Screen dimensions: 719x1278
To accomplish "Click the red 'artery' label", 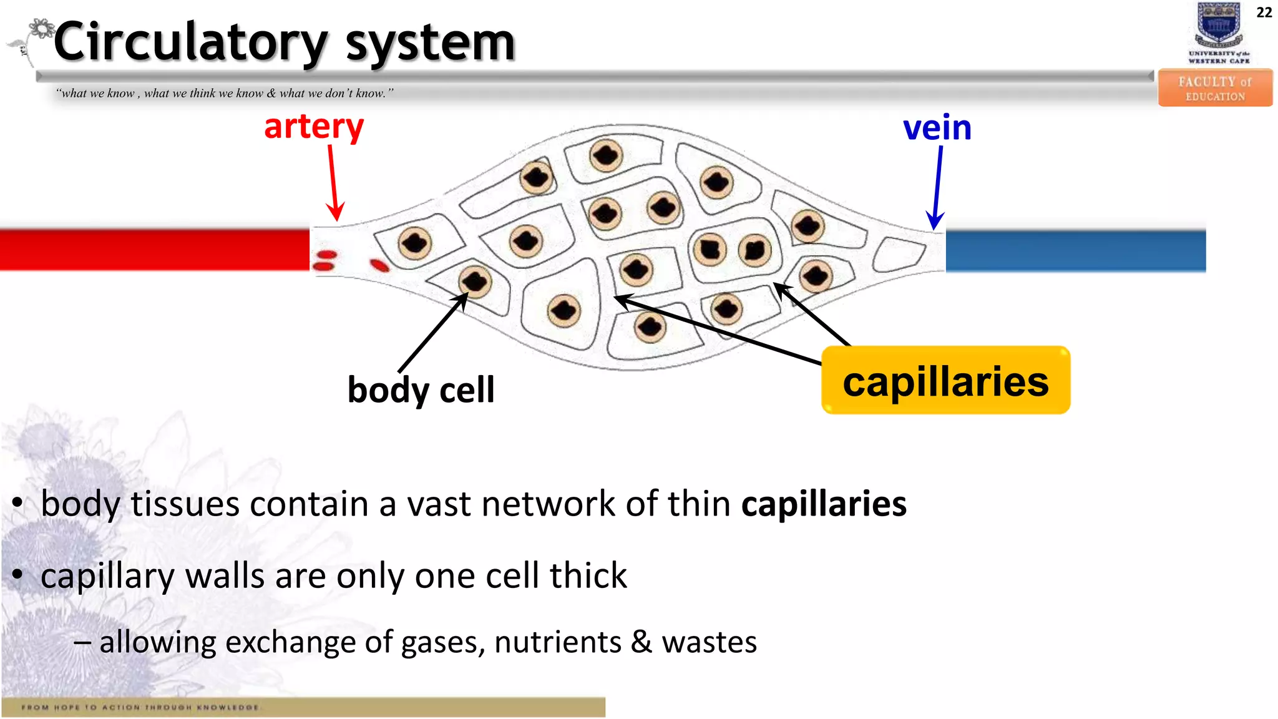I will click(x=314, y=127).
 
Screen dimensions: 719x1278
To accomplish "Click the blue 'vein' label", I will click(x=937, y=128).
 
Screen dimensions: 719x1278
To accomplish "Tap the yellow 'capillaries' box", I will click(x=945, y=381).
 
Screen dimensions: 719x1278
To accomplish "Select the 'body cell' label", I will click(x=421, y=390).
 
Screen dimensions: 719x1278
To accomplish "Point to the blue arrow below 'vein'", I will click(x=937, y=187).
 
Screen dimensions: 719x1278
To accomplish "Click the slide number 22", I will click(x=1264, y=12).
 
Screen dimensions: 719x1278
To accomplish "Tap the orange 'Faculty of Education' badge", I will click(x=1214, y=88).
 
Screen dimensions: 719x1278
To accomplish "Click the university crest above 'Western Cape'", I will click(x=1218, y=25).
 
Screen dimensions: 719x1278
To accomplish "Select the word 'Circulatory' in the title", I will click(x=190, y=42).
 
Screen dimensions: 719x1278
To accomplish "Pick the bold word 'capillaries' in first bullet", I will click(x=824, y=504).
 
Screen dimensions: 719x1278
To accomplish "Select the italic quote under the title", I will click(x=225, y=94).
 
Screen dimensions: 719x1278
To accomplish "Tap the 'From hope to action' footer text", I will click(x=140, y=707).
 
